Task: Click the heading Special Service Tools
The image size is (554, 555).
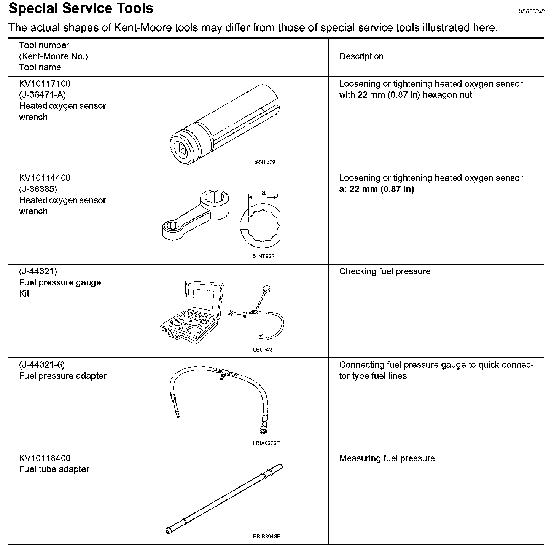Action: click(x=81, y=8)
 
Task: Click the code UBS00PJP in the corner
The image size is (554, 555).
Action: click(x=532, y=11)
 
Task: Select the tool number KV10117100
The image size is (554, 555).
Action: click(x=45, y=84)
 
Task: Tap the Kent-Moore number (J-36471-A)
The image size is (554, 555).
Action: click(x=42, y=95)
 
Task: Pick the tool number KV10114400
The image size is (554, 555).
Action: click(x=45, y=178)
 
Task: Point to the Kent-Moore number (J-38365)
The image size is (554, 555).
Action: click(x=38, y=189)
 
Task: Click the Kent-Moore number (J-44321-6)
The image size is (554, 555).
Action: click(x=42, y=365)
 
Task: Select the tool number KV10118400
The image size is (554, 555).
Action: click(x=45, y=458)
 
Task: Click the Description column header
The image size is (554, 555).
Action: click(x=361, y=56)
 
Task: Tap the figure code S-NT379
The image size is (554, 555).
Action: click(x=264, y=162)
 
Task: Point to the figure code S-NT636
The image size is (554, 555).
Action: click(x=263, y=256)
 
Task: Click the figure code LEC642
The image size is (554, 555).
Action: click(x=263, y=350)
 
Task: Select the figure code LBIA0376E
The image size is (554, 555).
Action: click(x=266, y=443)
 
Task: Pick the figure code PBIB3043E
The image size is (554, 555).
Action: click(x=266, y=537)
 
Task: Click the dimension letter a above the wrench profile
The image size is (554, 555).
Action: click(x=263, y=193)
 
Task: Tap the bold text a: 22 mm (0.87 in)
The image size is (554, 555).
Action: click(x=376, y=189)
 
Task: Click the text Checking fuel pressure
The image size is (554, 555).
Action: click(x=385, y=271)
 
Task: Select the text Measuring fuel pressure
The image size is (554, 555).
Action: click(x=387, y=458)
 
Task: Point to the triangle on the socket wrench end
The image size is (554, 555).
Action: click(x=181, y=150)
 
